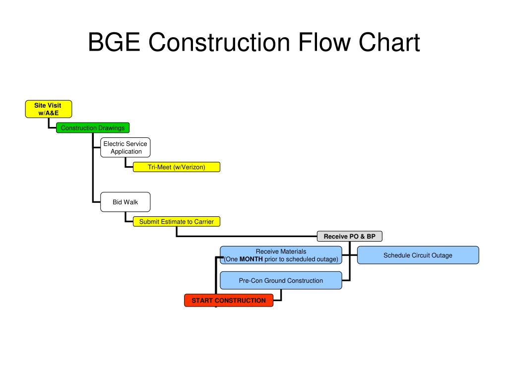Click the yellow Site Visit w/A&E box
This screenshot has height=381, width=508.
pos(49,109)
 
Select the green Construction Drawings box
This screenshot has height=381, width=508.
pos(93,128)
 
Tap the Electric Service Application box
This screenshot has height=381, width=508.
pos(125,148)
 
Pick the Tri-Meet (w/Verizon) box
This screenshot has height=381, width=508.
pos(176,167)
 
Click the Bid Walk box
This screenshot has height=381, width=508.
pos(125,202)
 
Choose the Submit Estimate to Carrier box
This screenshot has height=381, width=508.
pos(176,222)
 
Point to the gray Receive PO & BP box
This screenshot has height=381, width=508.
pos(350,237)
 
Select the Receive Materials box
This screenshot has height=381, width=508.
pos(281,255)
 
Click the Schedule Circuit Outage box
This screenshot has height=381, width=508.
pos(418,255)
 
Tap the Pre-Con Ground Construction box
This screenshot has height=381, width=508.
pos(281,280)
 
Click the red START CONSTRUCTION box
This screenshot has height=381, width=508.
pos(229,301)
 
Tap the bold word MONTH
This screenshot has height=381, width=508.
pos(251,259)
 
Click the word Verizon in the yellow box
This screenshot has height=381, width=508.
pos(192,167)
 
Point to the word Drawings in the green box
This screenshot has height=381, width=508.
pos(111,128)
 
